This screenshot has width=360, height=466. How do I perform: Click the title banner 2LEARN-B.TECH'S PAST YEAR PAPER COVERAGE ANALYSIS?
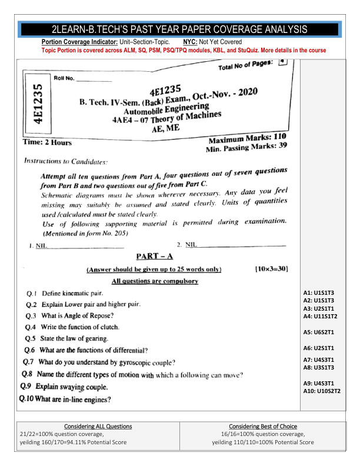(x=179, y=29)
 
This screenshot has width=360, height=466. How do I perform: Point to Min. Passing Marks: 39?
(x=246, y=148)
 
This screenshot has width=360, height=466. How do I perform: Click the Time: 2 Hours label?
(x=47, y=142)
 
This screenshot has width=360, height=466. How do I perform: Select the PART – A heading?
(x=154, y=256)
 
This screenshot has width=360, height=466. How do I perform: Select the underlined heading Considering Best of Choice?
(x=262, y=426)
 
